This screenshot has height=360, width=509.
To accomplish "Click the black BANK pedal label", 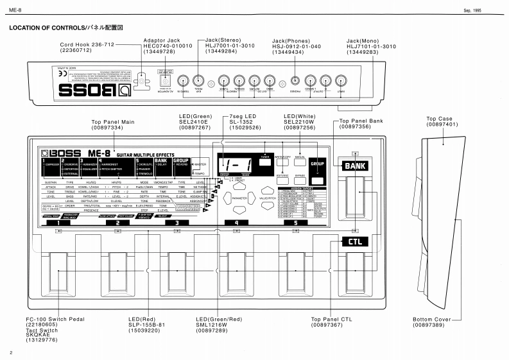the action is [x=356, y=166].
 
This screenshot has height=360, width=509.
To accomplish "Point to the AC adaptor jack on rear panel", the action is [x=168, y=81].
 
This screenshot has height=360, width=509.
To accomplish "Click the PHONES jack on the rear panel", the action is [x=295, y=81].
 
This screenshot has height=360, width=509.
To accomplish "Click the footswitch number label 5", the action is [x=296, y=222].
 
